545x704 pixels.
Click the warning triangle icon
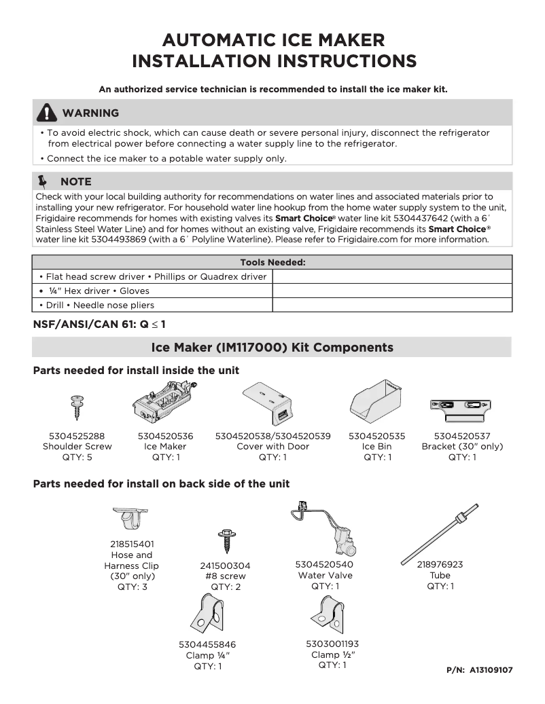pos(46,113)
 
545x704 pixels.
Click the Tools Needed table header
pos(272,262)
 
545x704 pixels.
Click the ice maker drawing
pos(166,405)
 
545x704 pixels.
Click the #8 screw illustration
pos(225,542)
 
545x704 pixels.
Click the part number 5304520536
pos(165,436)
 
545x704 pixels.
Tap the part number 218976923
pos(440,564)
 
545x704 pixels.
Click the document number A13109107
pos(491,669)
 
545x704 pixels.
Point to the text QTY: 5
pos(77,458)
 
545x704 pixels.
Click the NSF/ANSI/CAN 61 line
pos(99,324)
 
